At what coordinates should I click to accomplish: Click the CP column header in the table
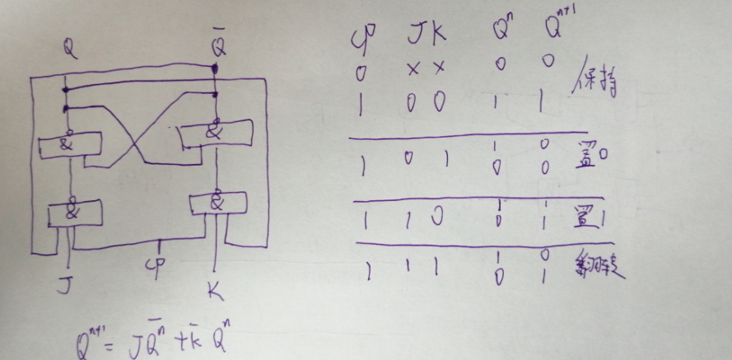pyautogui.click(x=361, y=38)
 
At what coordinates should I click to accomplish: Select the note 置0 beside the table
pyautogui.click(x=592, y=152)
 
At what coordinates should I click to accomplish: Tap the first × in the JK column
pyautogui.click(x=413, y=72)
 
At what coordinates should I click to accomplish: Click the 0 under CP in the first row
pyautogui.click(x=361, y=73)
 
